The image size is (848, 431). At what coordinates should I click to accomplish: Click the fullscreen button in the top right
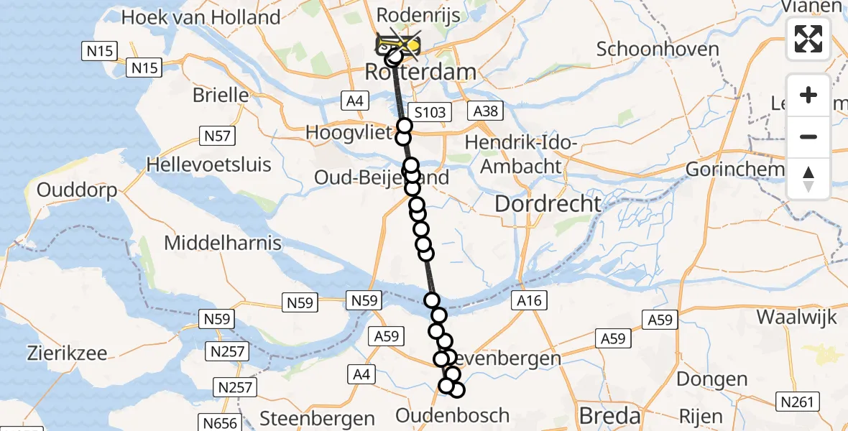[808, 39]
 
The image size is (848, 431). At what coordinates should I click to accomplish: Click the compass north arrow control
[808, 178]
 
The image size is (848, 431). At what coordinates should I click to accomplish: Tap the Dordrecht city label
[548, 203]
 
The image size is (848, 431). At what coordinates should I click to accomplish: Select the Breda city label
[609, 415]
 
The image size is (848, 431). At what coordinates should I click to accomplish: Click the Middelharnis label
[223, 243]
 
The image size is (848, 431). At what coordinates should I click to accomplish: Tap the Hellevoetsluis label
[209, 164]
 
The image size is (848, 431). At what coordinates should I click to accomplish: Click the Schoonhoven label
[658, 50]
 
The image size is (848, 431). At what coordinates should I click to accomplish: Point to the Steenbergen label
[317, 418]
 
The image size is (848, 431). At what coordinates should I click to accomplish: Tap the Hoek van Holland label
[201, 17]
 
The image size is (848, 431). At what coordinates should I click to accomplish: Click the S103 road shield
[430, 111]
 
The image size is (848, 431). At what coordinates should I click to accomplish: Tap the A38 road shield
[486, 111]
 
